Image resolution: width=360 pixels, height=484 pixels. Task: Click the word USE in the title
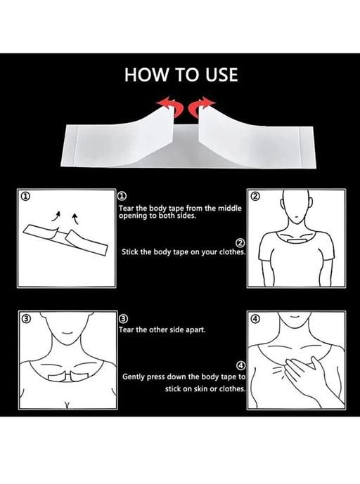221,74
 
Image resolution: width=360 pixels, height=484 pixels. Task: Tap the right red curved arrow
202,107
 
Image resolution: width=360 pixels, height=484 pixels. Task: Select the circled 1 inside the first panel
25,196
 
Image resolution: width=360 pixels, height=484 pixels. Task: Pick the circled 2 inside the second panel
255,196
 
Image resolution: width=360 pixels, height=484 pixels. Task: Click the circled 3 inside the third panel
26,318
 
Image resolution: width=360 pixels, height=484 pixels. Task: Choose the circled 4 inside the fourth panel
255,318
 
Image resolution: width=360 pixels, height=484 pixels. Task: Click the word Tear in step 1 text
126,209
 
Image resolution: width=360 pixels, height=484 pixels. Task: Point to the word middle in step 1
230,208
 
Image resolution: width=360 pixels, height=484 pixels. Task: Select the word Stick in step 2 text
130,251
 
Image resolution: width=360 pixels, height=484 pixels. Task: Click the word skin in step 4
201,388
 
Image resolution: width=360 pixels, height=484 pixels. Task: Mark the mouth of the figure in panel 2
296,216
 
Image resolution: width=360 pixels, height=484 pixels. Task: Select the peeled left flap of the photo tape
124,134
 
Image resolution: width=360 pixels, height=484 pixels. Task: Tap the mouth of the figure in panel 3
67,334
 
